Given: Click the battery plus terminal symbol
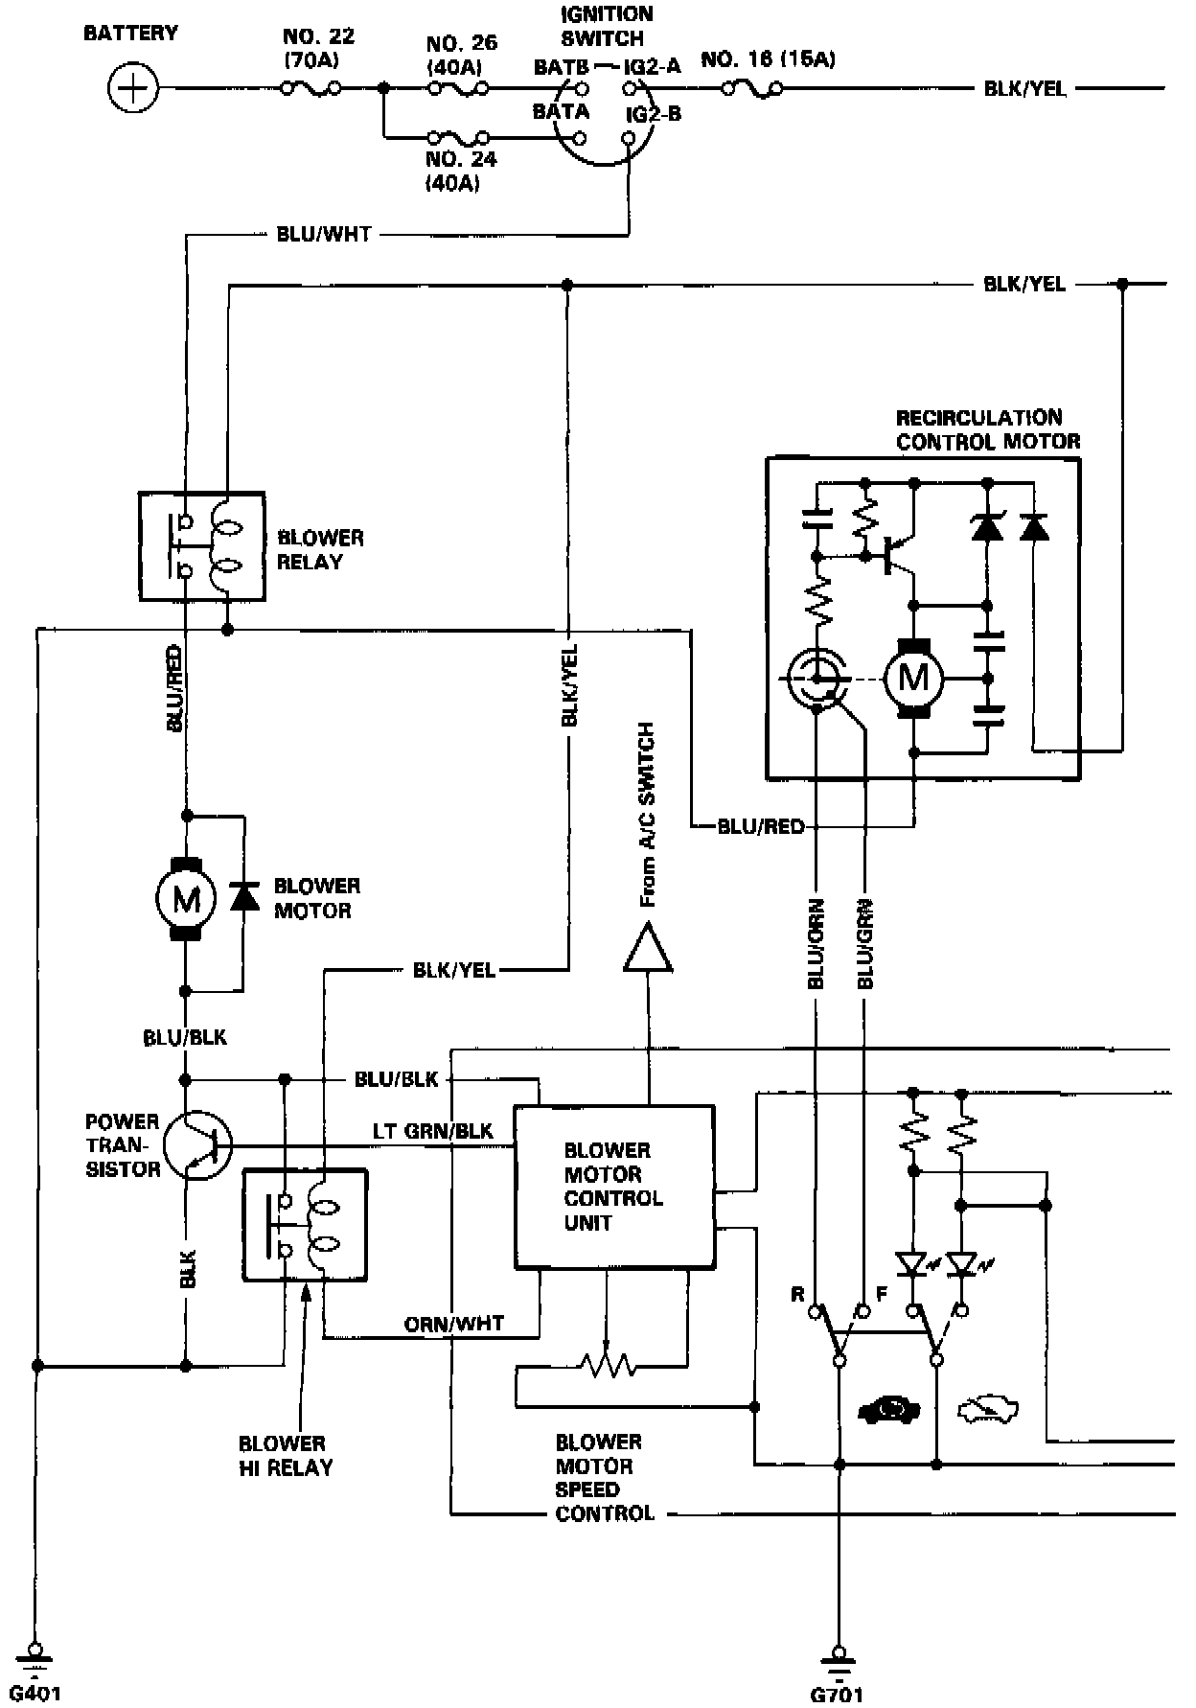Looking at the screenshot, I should (132, 89).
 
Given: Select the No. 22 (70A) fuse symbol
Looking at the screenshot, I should (310, 89).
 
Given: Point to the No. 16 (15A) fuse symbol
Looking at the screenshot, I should (751, 89).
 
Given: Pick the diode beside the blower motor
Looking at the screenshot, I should (243, 897).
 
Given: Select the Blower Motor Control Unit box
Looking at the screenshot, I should (614, 1188).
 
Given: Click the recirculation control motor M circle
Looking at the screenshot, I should (913, 679).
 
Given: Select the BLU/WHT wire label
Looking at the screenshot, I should (323, 234).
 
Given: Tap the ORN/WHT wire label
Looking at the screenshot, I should (454, 1324).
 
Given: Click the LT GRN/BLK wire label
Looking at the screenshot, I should (433, 1132).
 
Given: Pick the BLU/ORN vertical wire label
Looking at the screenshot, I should (816, 944).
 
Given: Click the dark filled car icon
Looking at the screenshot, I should (888, 1410).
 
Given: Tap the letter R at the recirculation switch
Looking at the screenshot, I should (797, 1295).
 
